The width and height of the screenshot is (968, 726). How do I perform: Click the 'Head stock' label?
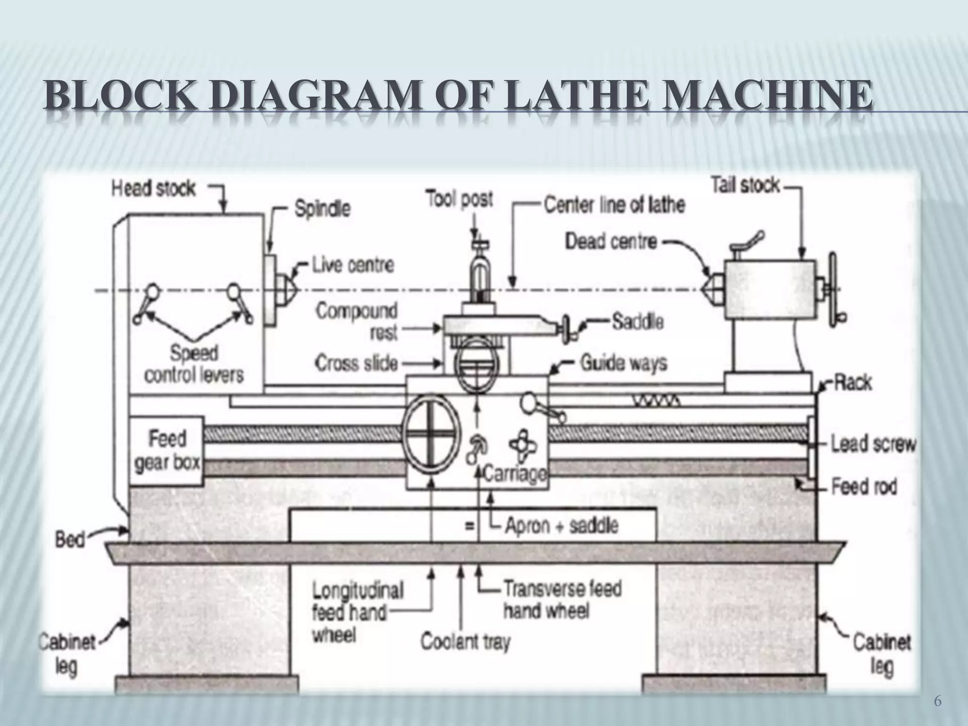coord(153,189)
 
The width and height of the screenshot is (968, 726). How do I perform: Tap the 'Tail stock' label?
coord(745,185)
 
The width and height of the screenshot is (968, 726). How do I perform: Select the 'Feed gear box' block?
coord(166,451)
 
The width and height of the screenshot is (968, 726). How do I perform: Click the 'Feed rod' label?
coord(864,486)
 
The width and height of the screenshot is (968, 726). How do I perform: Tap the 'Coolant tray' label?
coord(466,642)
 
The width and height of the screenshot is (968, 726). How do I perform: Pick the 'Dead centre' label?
coord(611,242)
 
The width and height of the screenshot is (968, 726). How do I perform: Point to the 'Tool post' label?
coord(459,199)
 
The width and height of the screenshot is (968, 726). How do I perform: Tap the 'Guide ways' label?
coord(623,363)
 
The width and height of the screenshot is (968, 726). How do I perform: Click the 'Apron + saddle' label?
coord(561,526)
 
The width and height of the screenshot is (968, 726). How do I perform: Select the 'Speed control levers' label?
coord(194,364)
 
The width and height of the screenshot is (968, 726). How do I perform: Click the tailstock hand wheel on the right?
coord(833,289)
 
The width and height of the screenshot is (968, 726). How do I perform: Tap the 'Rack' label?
coord(852,382)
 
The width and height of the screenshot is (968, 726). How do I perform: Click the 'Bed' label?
coord(69,539)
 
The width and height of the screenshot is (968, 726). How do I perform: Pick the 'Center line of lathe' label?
coord(614,205)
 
